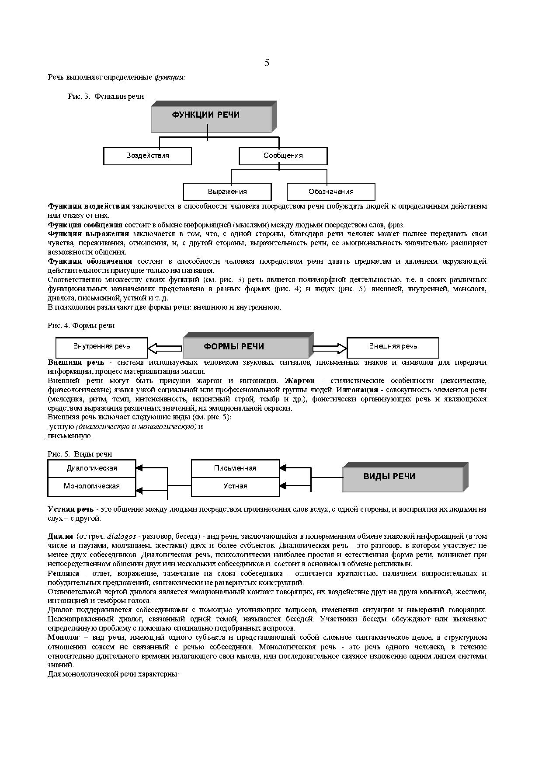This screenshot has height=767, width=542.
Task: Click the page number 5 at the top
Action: [x=267, y=63]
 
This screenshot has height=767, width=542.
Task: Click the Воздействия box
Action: [x=147, y=156]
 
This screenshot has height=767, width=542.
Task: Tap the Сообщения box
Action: [x=283, y=156]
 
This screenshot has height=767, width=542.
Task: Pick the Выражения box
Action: [x=227, y=192]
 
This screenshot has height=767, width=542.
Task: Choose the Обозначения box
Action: [x=331, y=192]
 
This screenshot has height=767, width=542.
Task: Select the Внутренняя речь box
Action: [x=101, y=347]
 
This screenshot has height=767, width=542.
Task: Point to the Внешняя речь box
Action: [x=393, y=347]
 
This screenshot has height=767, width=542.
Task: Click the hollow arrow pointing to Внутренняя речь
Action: [x=165, y=349]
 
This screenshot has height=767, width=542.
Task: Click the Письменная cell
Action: [x=235, y=468]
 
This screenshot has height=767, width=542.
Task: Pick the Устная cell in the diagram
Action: [x=235, y=486]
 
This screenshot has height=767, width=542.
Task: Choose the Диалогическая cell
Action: [x=92, y=468]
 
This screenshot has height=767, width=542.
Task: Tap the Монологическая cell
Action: [x=92, y=486]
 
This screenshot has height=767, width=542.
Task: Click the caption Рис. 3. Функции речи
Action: [x=106, y=96]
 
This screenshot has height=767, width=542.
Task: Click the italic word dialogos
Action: [x=121, y=536]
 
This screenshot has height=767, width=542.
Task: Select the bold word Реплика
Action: [x=63, y=573]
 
